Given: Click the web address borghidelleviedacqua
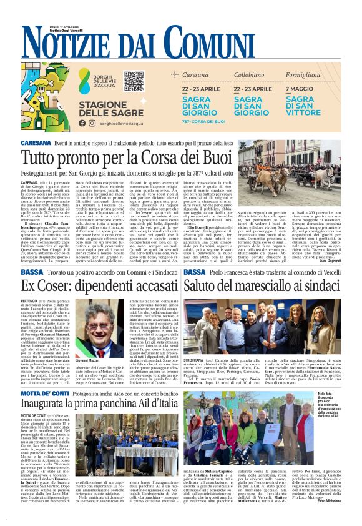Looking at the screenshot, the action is point(127,124).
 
